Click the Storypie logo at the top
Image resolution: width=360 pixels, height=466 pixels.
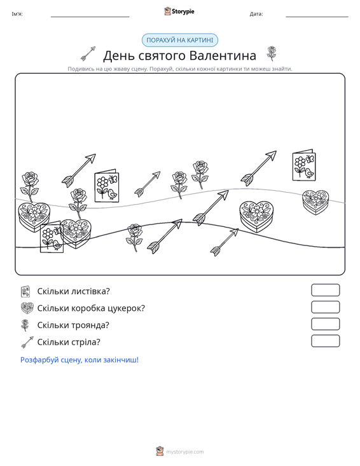[179, 11]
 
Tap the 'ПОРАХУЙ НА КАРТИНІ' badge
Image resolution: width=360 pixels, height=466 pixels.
[180, 40]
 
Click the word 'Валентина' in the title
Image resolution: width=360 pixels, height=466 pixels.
[223, 55]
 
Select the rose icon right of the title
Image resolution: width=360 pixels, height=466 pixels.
[271, 53]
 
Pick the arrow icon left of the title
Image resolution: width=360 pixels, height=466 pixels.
[88, 53]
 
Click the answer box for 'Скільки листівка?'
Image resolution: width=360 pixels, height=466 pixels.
[325, 290]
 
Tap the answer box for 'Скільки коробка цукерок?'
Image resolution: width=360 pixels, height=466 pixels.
[325, 307]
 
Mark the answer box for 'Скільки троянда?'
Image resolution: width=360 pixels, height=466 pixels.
[325, 324]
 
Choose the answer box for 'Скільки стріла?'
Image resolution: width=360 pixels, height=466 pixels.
[325, 341]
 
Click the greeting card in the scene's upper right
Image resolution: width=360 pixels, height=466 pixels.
[304, 165]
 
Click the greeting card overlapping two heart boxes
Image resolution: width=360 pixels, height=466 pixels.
[52, 237]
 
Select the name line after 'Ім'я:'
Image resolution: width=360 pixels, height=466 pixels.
[90, 17]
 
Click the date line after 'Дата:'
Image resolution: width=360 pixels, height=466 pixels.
[317, 17]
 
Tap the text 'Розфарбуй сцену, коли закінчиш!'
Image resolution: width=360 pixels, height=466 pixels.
[80, 360]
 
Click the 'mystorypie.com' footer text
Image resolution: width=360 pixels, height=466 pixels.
[184, 452]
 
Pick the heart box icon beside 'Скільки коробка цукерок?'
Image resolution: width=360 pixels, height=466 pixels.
[27, 308]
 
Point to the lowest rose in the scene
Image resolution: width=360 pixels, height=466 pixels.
[135, 238]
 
